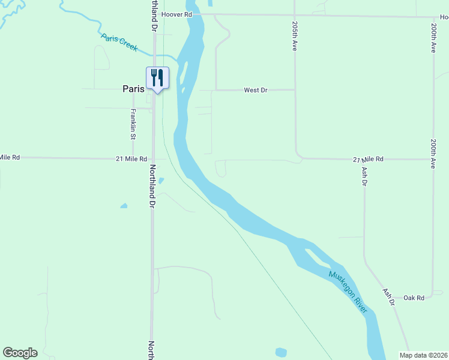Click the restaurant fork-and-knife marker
(157, 78)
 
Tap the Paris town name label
(133, 88)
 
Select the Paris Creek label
(119, 41)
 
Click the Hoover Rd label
(180, 14)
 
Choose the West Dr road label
(255, 90)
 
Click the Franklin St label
(133, 124)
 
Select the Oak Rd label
(414, 298)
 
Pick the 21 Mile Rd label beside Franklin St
(131, 159)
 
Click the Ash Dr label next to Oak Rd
(388, 297)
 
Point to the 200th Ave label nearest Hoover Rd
(433, 38)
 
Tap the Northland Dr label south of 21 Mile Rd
(152, 186)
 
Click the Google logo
(20, 353)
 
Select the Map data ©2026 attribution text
(423, 355)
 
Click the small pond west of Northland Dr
(124, 206)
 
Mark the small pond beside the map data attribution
(281, 352)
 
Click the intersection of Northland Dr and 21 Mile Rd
(152, 158)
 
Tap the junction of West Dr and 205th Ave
(295, 90)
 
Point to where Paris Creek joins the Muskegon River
(178, 59)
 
